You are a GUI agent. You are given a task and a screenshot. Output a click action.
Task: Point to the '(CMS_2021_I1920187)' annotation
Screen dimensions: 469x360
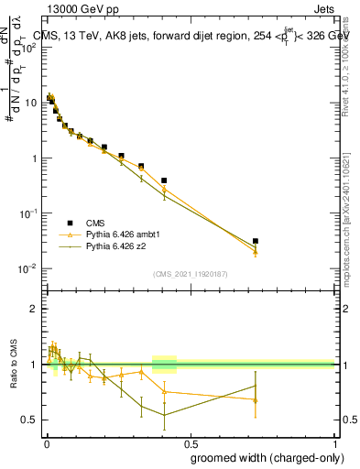[190, 273]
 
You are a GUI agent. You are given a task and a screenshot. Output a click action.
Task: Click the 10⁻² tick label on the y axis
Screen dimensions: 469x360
[27, 268]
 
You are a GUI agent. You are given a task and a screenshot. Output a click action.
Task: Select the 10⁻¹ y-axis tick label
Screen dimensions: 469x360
[27, 213]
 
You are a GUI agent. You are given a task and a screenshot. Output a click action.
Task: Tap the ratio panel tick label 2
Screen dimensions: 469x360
[33, 309]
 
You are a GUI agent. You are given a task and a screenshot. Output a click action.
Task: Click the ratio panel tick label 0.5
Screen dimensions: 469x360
[29, 420]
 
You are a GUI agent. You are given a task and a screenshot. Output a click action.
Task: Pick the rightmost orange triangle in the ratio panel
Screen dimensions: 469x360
[256, 400]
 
